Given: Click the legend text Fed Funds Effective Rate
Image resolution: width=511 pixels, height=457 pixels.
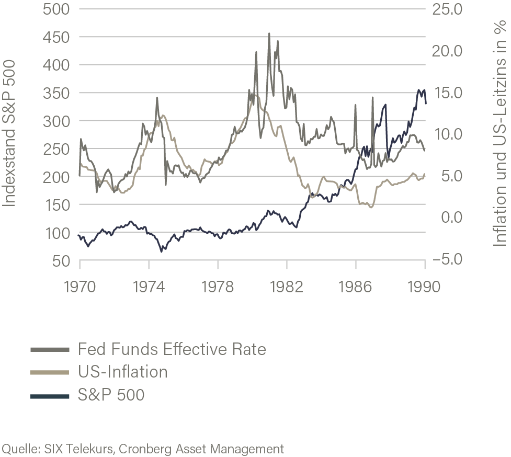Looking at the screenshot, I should click(172, 349).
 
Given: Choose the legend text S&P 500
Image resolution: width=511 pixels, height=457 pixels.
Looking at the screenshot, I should click(110, 395).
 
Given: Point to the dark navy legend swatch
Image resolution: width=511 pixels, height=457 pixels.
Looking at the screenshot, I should click(50, 396).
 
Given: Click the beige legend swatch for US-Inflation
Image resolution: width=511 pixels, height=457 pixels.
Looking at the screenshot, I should click(50, 373).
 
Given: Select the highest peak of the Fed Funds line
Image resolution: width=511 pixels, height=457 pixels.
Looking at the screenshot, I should click(269, 33).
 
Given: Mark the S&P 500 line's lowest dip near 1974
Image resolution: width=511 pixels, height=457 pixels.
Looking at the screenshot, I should click(162, 252).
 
